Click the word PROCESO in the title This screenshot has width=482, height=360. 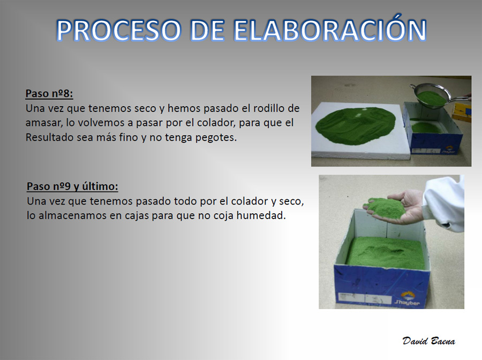coord(119,31)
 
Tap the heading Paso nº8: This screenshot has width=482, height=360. coord(49,93)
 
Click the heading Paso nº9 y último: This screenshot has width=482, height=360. coord(72,186)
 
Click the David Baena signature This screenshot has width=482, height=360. coord(429,341)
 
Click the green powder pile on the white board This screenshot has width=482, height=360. coord(356,125)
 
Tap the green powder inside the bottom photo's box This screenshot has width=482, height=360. coord(386,252)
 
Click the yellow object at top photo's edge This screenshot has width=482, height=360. coord(462,112)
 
